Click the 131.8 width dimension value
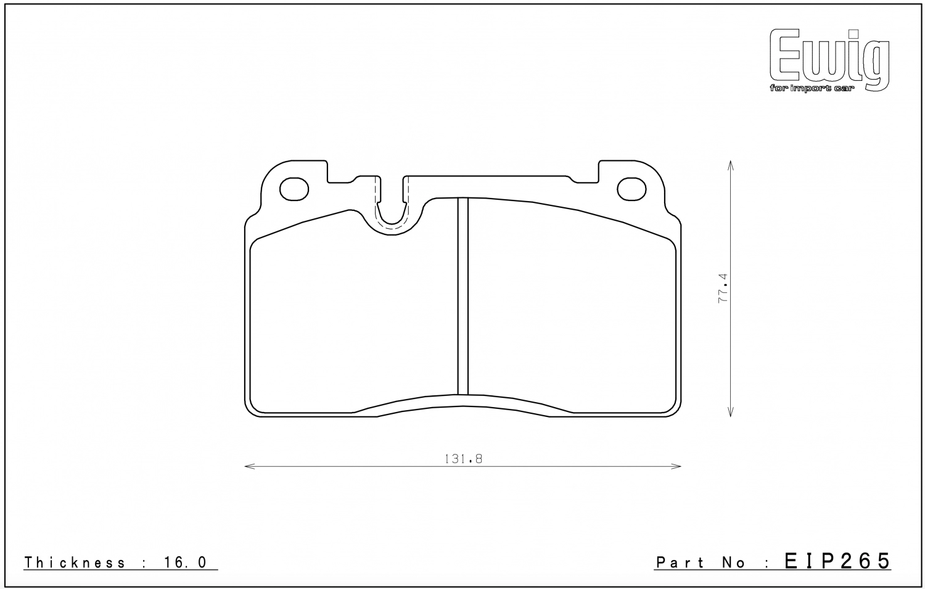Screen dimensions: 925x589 pos(463,459)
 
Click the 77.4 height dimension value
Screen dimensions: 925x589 pos(723,288)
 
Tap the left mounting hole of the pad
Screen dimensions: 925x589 pos(294,189)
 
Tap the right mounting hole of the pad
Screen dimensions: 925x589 pos(631,189)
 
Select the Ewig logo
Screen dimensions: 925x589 pos(829,60)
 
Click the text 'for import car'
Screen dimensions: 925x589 pos(812,88)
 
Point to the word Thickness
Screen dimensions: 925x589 pos(75,562)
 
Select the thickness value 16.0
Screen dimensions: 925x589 pos(185,562)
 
